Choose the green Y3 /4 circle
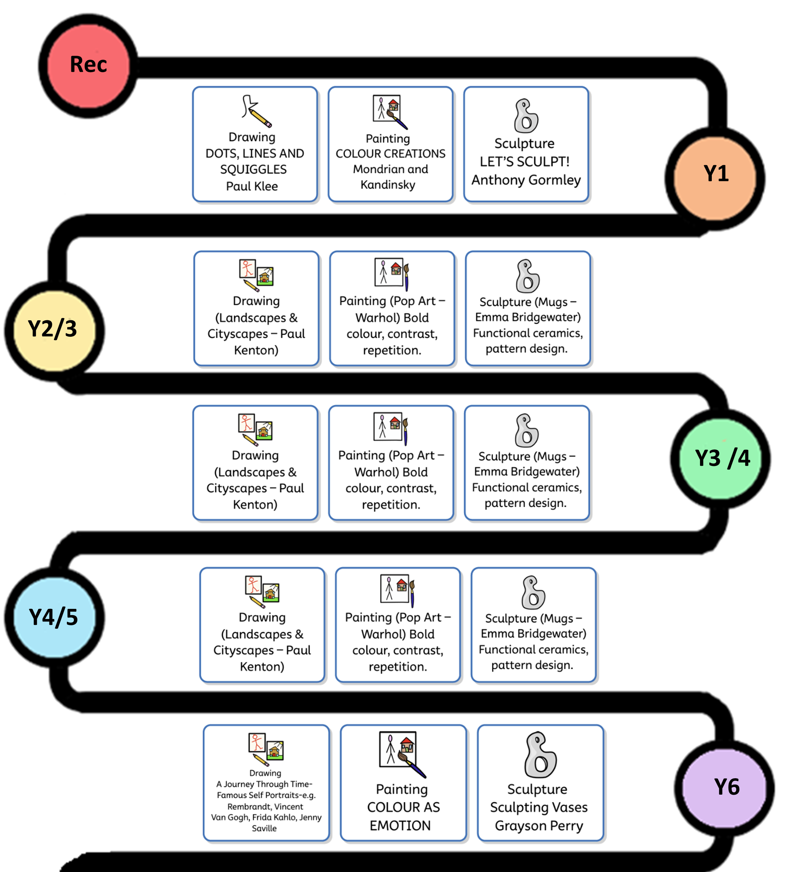pos(721,459)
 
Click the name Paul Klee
pos(252,186)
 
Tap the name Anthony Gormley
pos(526,180)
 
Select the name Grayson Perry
pos(539,826)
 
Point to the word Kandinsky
pos(388,185)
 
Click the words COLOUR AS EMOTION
pos(403,816)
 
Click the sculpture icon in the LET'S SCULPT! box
pos(526,116)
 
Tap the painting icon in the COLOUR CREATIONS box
pos(390,112)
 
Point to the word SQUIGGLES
pos(254,169)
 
